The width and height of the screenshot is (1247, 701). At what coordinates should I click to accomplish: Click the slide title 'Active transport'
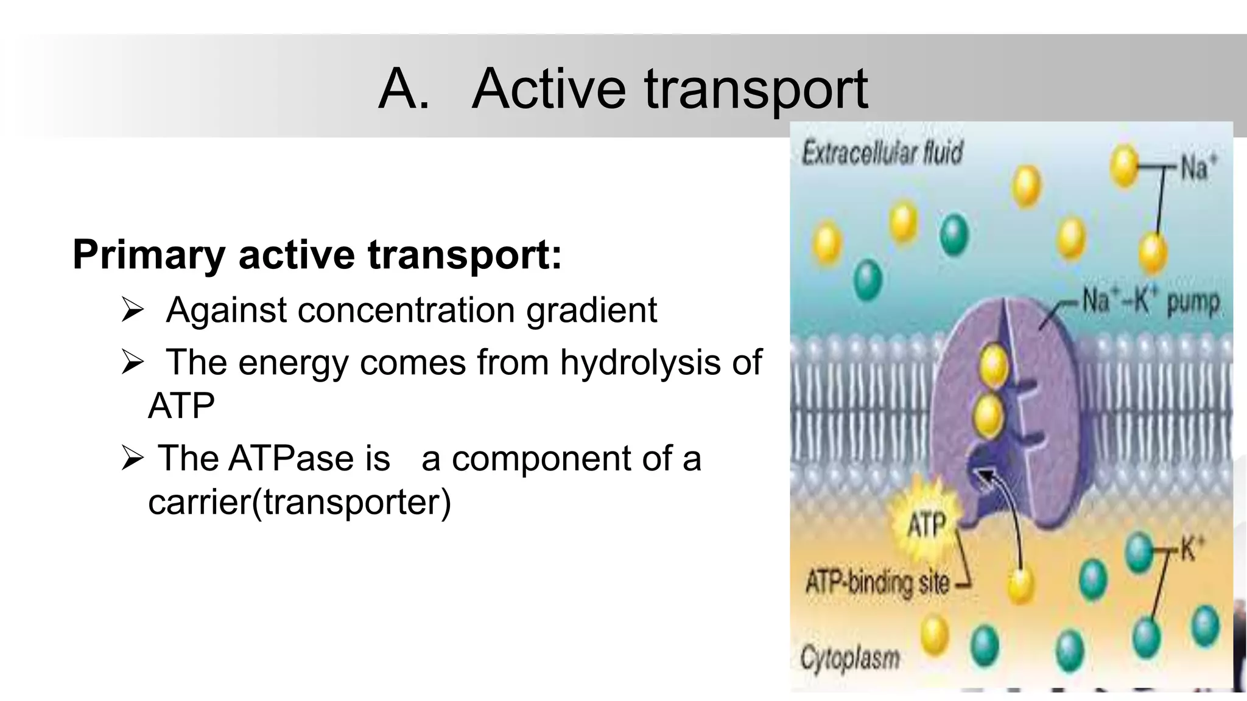point(670,89)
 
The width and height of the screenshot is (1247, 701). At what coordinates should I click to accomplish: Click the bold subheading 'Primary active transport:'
point(317,254)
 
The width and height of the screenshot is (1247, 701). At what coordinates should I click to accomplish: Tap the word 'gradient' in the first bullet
point(591,310)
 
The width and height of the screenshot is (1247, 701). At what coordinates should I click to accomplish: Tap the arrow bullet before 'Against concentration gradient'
point(132,310)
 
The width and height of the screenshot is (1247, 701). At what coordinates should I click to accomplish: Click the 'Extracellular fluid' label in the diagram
point(882,152)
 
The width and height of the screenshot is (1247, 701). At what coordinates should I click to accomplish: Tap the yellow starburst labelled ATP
point(926,524)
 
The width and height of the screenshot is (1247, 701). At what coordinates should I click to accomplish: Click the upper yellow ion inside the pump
point(994,366)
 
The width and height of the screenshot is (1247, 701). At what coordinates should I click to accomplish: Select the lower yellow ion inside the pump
point(988,415)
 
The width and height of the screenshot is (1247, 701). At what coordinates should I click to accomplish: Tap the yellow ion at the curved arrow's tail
point(1020,585)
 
